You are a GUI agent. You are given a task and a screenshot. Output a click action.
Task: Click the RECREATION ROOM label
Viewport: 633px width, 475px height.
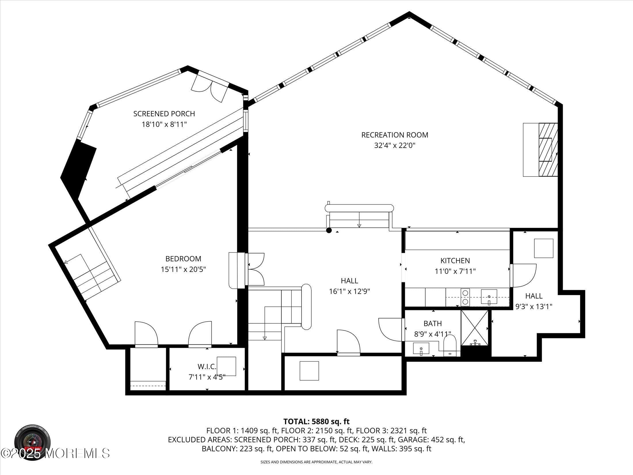[x=394, y=135]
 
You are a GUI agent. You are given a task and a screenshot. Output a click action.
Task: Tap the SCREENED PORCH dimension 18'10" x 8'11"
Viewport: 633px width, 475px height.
[x=164, y=124]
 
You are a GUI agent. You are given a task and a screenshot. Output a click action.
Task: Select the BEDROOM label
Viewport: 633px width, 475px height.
[x=183, y=259]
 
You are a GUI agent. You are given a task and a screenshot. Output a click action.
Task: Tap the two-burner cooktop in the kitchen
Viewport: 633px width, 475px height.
[x=465, y=297]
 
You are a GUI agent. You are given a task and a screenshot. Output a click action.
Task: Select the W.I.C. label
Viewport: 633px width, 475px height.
[x=207, y=366]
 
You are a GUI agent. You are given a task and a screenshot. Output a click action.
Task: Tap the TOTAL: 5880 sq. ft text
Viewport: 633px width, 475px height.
[x=316, y=422]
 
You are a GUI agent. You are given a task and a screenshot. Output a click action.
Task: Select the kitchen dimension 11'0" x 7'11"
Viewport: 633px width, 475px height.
[x=455, y=271]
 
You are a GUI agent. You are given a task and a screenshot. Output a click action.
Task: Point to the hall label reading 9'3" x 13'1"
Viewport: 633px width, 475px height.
[x=534, y=307]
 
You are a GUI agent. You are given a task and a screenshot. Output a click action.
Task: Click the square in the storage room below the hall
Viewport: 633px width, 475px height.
[x=309, y=371]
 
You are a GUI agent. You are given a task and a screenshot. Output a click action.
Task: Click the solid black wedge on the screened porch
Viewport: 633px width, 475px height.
[x=78, y=169]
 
